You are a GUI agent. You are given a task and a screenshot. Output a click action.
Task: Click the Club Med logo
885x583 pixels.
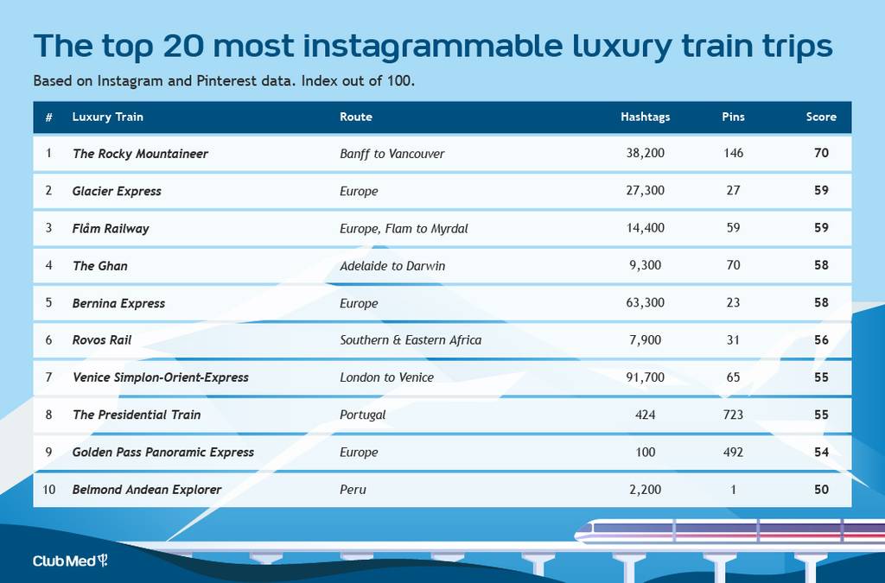(70, 561)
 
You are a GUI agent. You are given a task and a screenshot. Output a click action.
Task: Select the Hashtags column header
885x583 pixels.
(645, 117)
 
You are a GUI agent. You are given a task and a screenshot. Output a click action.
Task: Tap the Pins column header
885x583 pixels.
(733, 117)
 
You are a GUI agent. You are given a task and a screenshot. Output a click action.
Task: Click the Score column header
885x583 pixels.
(821, 117)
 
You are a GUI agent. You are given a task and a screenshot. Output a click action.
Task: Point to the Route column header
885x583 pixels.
(355, 117)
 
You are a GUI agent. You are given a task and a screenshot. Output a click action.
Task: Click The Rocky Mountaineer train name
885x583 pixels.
(140, 154)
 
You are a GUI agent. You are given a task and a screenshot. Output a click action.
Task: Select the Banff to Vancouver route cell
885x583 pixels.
(392, 154)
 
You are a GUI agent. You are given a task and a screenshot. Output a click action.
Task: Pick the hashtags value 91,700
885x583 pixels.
(645, 377)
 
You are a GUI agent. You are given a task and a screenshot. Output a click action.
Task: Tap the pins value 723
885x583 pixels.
(733, 415)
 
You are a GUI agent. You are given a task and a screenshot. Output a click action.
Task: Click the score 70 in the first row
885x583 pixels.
(821, 153)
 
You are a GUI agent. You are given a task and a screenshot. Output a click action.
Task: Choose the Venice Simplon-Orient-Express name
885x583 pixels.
(160, 377)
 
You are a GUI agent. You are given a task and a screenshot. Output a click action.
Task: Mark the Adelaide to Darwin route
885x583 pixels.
(392, 265)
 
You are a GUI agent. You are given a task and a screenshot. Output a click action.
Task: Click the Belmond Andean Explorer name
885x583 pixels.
(147, 490)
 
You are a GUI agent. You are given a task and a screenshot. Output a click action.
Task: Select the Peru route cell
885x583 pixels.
(353, 490)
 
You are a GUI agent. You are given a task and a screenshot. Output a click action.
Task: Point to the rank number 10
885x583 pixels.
(49, 490)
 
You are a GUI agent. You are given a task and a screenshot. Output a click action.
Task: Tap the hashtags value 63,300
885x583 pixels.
(645, 303)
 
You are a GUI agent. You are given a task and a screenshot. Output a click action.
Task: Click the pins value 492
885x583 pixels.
(733, 453)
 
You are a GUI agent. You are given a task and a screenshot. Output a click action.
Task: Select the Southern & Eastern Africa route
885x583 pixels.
(411, 340)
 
